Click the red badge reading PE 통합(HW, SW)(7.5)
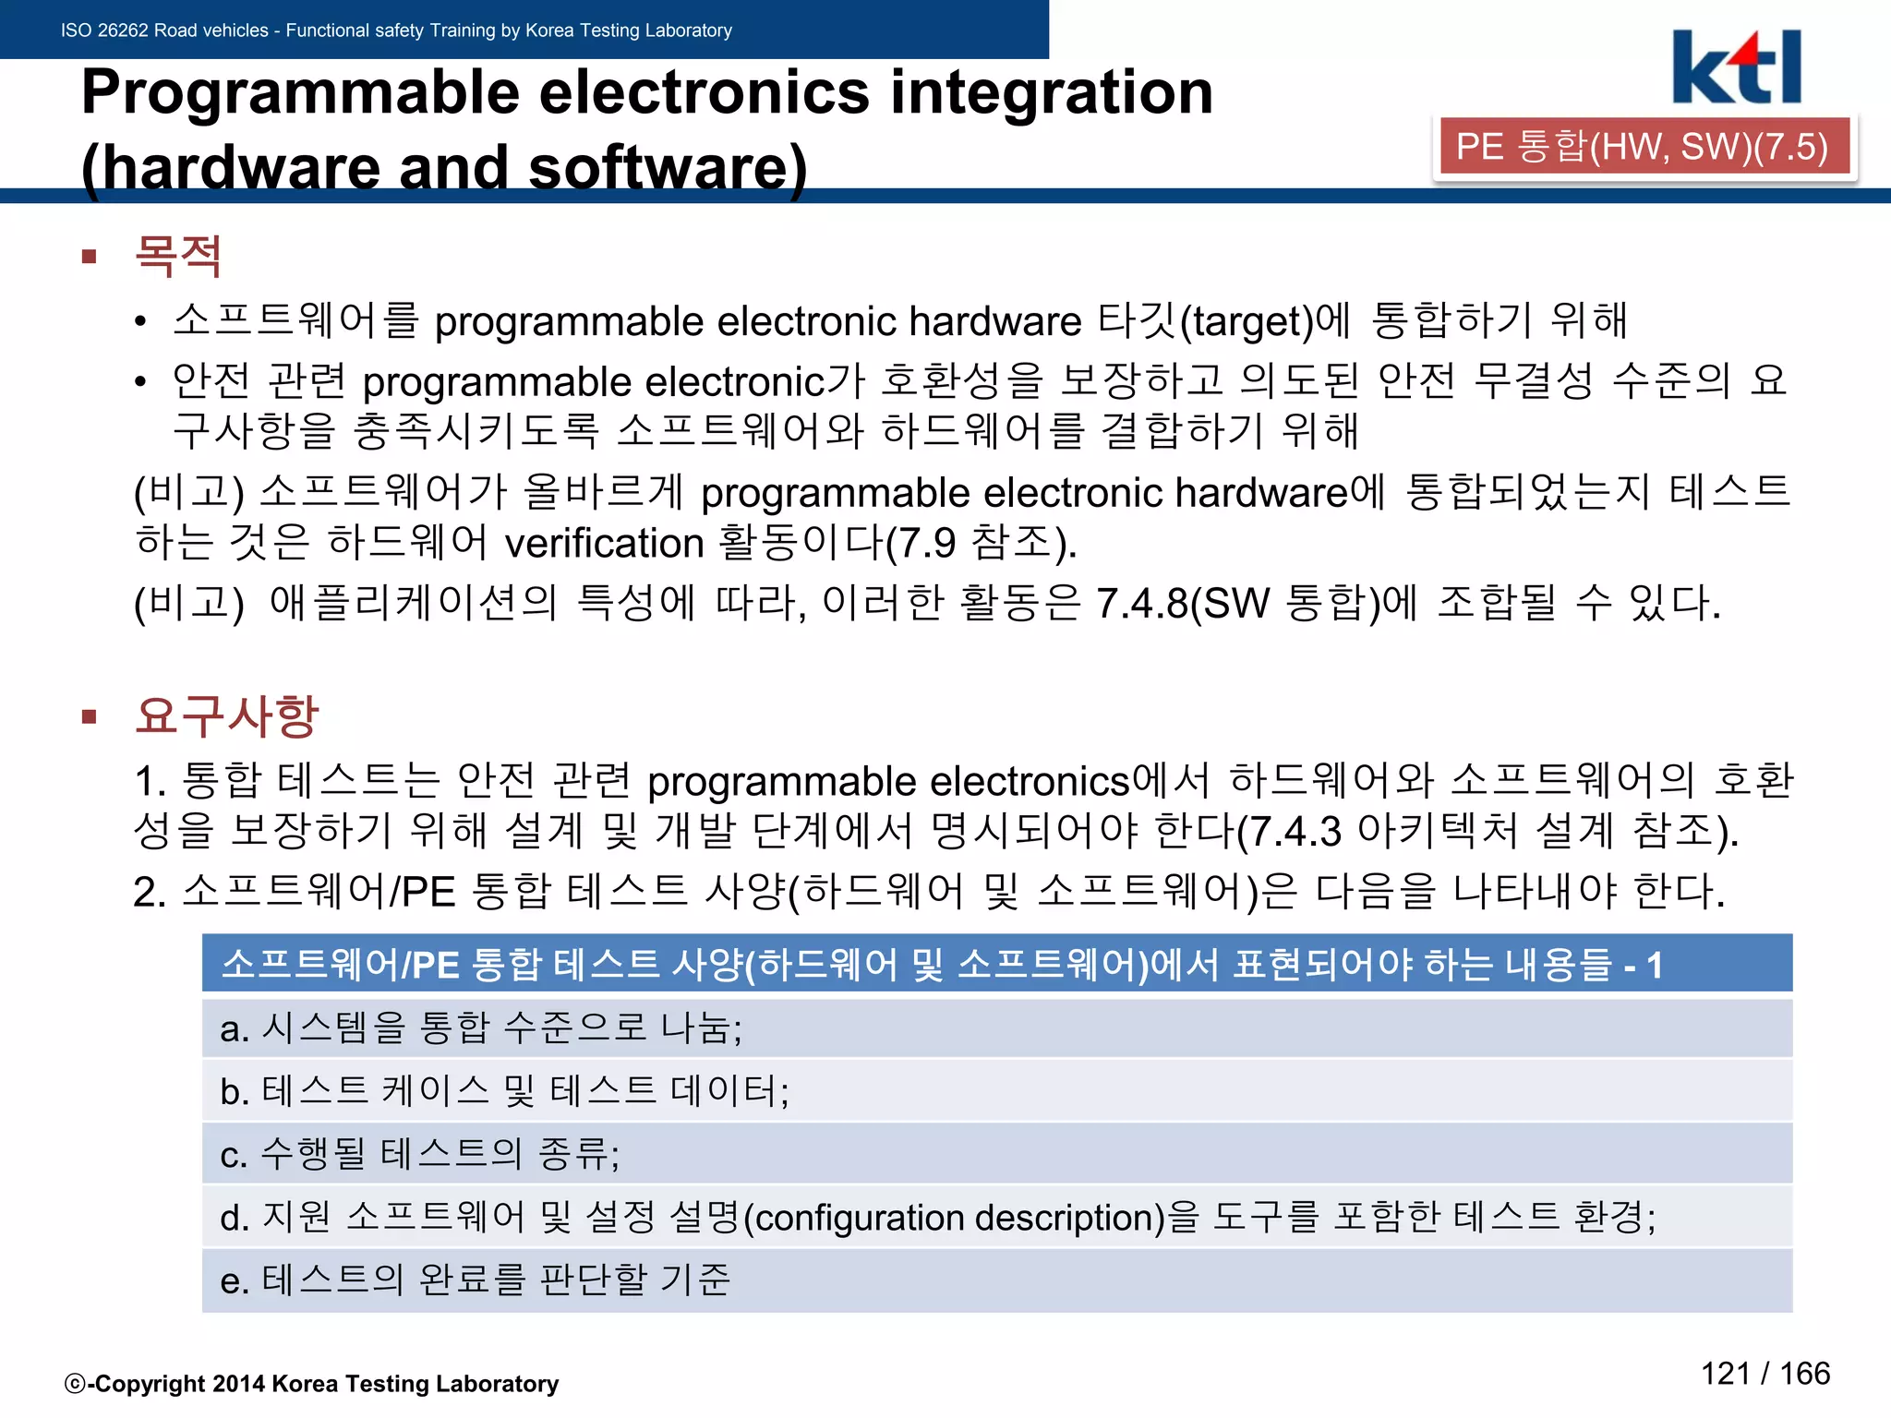pos(1643,147)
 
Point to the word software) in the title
pos(668,168)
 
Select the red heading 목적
pos(177,256)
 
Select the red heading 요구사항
pos(226,715)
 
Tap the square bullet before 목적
pos(90,257)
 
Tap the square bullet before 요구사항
pos(90,716)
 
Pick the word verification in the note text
pos(604,543)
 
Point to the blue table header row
pos(996,964)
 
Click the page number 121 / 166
pos(1765,1374)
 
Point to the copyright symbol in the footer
pos(75,1384)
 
